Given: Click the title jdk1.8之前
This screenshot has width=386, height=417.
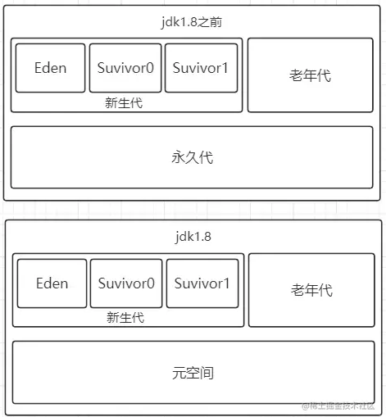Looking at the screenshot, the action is pos(191,22).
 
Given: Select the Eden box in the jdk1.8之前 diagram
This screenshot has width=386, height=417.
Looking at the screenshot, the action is pos(50,68).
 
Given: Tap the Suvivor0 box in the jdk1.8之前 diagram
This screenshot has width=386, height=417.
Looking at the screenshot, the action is pos(125,68).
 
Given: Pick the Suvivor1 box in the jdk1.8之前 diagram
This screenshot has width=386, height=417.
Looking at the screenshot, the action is pos(201,68).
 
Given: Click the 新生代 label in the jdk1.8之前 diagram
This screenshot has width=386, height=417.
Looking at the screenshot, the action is pos(124,103).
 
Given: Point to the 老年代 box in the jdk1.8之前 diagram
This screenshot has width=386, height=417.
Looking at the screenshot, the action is pos(311,75).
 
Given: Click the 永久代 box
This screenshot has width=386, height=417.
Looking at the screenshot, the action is pos(192,157).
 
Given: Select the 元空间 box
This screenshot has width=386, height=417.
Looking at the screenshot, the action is pos(193,373).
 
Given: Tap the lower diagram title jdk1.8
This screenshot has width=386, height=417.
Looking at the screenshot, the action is pos(193,237).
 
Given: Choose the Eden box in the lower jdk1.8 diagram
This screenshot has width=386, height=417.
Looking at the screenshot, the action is pos(52,283).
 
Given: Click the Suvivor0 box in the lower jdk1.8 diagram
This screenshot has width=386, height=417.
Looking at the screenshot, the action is pos(126,283).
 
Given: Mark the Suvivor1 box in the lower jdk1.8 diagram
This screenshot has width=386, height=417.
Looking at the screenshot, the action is pos(202,283).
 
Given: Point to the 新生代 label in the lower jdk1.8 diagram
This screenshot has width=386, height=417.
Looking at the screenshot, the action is pos(125,318).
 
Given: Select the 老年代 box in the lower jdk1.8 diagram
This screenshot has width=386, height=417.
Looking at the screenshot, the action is pos(311,290).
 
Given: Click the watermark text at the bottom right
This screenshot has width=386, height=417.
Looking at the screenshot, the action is pos(338,406).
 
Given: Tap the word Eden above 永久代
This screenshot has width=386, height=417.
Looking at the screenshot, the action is pos(51,68).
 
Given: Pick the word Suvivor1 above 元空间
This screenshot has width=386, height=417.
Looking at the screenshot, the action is pos(202,283).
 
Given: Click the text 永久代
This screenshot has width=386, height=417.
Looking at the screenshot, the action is pos(193,157).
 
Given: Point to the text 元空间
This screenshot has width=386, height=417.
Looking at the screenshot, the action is pos(193,373).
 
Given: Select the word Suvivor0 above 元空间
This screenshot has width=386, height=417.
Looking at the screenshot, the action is pos(126,283).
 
